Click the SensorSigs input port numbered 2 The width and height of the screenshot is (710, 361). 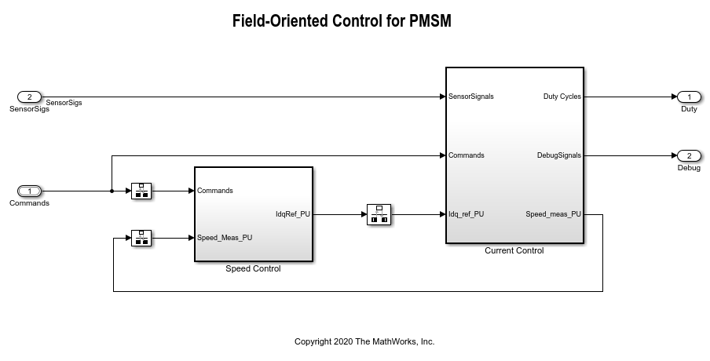click(x=29, y=97)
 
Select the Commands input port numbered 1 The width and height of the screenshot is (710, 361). click(x=29, y=191)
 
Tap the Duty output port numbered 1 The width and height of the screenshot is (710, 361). click(x=689, y=97)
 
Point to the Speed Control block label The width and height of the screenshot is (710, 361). click(x=253, y=268)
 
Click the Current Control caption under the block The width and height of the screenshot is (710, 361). click(x=514, y=250)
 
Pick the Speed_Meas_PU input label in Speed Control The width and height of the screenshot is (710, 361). click(x=225, y=237)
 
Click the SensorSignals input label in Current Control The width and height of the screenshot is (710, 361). click(x=471, y=97)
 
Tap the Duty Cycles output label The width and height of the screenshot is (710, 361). click(x=562, y=97)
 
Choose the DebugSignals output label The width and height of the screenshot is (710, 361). click(x=558, y=155)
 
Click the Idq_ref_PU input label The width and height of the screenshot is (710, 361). click(x=466, y=213)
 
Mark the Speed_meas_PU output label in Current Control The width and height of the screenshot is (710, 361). click(x=553, y=213)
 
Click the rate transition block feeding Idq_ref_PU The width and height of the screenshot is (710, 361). click(x=379, y=213)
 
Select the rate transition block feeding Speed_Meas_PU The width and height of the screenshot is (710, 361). click(x=141, y=237)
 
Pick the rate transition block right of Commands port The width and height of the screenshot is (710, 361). click(x=141, y=191)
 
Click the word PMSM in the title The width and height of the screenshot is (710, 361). click(x=430, y=21)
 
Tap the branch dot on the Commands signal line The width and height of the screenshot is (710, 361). click(x=112, y=191)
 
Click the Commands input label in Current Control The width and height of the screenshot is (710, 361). click(x=466, y=155)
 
